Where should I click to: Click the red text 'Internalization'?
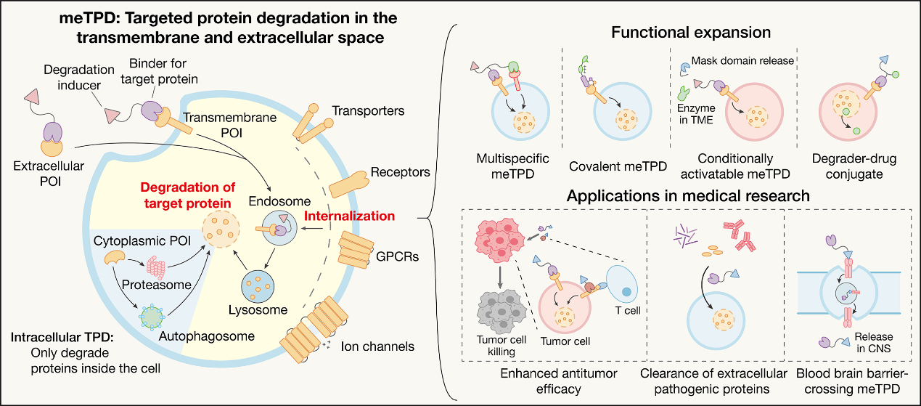click(x=349, y=216)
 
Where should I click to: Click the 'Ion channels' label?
click(x=377, y=346)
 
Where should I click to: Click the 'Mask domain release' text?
click(x=742, y=60)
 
